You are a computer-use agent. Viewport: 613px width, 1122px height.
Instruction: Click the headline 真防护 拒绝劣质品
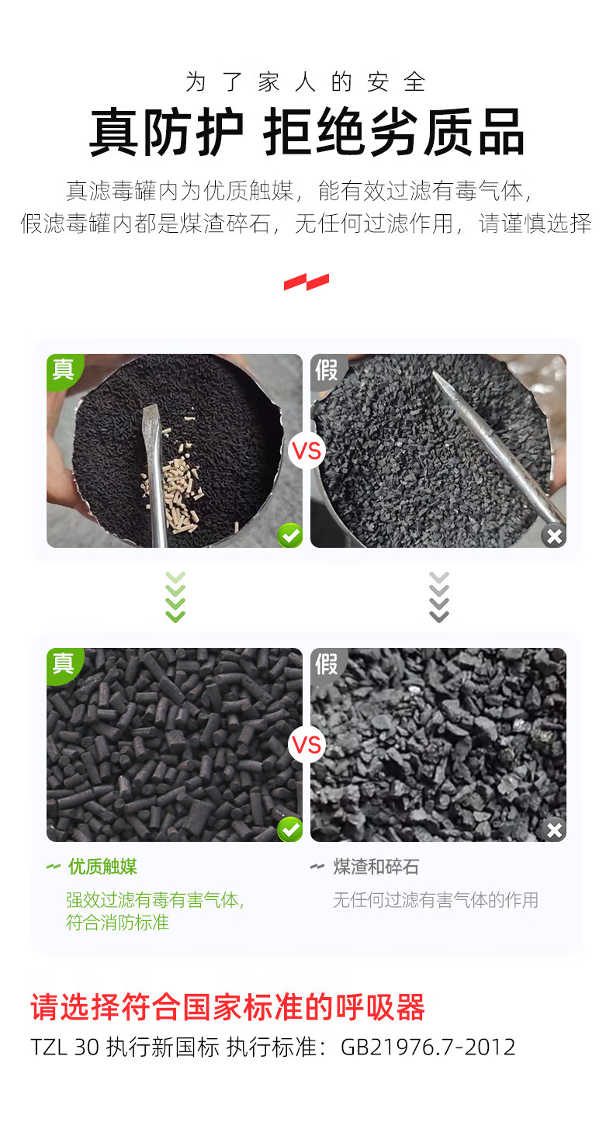coord(306,132)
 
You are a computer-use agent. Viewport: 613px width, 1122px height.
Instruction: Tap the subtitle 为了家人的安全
coord(306,82)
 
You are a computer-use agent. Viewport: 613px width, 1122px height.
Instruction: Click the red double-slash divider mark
coord(306,282)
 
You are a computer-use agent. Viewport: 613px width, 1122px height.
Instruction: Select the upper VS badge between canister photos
coord(307,451)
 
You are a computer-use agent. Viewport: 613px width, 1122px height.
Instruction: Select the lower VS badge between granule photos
coord(307,745)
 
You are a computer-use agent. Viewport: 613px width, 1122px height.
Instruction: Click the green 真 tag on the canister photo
coord(63,370)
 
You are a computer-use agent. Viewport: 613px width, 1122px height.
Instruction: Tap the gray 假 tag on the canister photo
coord(327,370)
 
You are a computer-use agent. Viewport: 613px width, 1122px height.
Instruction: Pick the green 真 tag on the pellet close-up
coord(63,664)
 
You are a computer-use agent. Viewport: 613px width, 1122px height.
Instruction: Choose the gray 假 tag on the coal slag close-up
coord(327,664)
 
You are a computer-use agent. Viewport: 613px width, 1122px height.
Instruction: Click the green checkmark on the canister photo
coord(290,535)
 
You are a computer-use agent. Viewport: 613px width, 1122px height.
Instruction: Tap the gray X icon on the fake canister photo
coord(554,535)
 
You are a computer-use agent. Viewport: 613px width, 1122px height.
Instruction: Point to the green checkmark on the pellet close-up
coord(290,829)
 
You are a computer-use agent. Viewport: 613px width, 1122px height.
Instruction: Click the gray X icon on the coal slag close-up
coord(554,829)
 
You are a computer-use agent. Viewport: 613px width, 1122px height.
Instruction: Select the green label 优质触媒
coord(102,867)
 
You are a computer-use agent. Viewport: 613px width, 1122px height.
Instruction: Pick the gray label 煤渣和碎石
coord(376,867)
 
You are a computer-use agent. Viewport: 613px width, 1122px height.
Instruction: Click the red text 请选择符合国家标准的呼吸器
coord(228,1007)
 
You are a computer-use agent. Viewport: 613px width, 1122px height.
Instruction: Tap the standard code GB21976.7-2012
coord(428,1047)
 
